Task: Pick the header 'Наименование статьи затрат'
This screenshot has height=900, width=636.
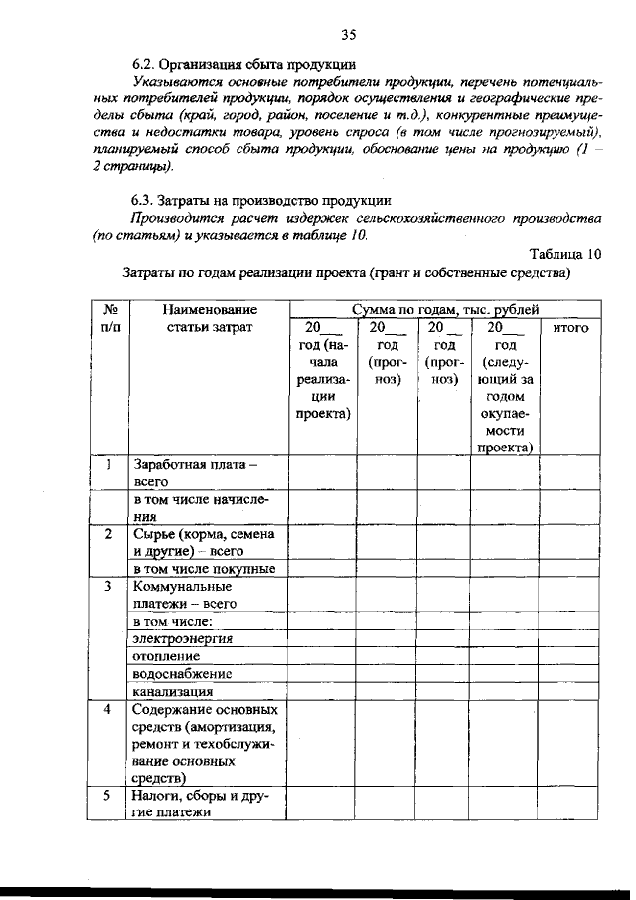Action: point(205,318)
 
